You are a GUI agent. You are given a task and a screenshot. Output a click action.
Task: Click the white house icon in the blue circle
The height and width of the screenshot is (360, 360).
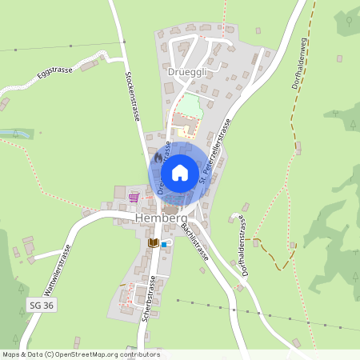click(180, 172)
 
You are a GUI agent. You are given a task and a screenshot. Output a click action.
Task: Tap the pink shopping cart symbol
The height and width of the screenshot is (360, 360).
click(134, 197)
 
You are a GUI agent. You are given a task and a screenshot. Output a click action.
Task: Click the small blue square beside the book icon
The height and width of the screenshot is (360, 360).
click(164, 244)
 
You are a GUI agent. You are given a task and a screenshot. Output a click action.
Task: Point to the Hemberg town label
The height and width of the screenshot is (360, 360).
click(161, 218)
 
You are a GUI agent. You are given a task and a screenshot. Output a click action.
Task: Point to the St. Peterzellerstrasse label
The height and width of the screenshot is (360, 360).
click(216, 157)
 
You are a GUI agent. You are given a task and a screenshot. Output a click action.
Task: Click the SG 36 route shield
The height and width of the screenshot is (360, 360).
click(40, 306)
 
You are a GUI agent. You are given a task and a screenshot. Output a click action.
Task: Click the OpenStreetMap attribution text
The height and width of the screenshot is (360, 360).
click(80, 354)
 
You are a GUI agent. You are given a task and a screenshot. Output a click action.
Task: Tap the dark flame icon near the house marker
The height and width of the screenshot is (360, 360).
click(157, 158)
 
